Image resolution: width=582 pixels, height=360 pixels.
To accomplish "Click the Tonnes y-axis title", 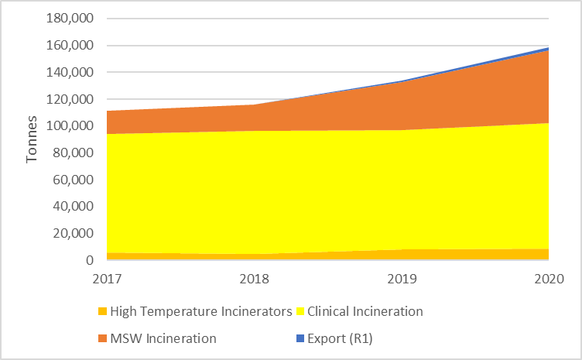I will pyautogui.click(x=33, y=140).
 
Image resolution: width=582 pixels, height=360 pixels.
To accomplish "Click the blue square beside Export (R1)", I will pyautogui.click(x=300, y=338).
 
